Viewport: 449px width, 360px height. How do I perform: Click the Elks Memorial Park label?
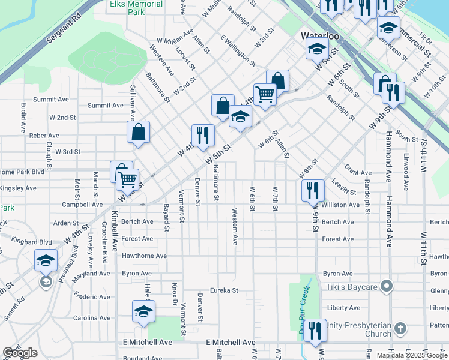pyautogui.click(x=136, y=8)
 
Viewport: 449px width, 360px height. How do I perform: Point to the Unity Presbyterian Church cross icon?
pyautogui.click(x=400, y=329)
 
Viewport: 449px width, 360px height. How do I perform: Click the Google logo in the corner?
pyautogui.click(x=19, y=353)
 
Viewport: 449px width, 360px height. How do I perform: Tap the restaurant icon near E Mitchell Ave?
pyautogui.click(x=313, y=330)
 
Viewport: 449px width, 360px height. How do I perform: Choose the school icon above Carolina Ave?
pyautogui.click(x=143, y=311)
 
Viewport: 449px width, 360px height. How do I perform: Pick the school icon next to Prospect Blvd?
pyautogui.click(x=46, y=260)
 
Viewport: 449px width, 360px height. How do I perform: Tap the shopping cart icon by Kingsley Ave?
pyautogui.click(x=127, y=179)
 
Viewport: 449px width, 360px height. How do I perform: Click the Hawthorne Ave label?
pyautogui.click(x=145, y=256)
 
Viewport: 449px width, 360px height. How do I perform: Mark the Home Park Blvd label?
pyautogui.click(x=22, y=172)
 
